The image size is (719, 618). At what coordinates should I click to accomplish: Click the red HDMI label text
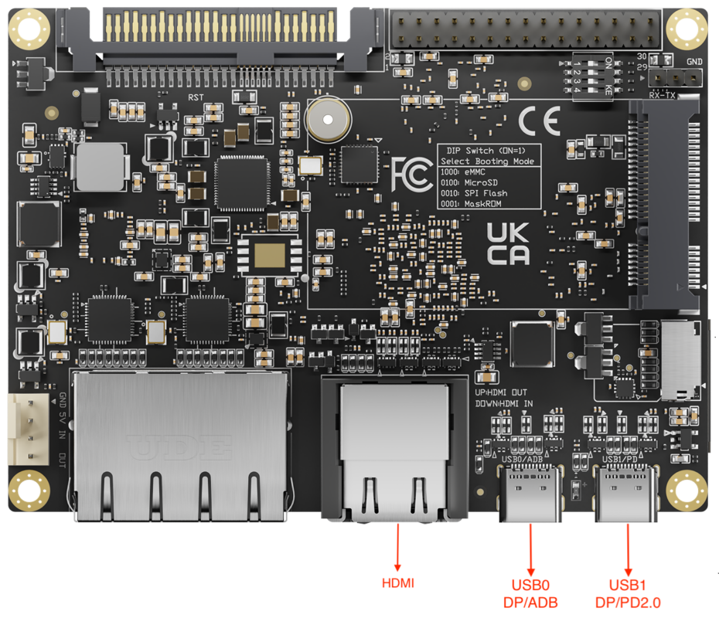coord(398,583)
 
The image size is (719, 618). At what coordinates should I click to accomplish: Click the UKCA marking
coord(508,243)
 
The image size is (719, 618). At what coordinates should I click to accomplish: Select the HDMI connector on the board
coord(394,448)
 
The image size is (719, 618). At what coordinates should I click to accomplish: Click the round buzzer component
coord(327,119)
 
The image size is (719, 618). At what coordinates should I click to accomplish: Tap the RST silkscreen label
coord(196,97)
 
